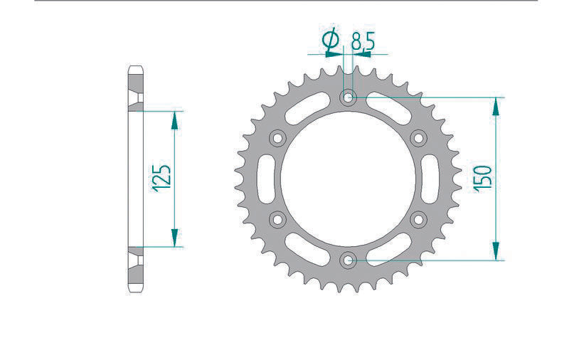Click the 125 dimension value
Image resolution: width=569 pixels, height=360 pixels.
click(161, 179)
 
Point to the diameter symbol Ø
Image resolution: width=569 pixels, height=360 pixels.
click(330, 42)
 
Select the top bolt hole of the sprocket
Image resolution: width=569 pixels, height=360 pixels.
click(349, 98)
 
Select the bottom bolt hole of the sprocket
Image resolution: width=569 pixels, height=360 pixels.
click(349, 260)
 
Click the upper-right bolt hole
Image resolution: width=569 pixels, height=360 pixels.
click(418, 138)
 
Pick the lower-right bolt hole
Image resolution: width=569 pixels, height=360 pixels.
click(418, 218)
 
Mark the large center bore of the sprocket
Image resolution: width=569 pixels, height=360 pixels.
click(349, 179)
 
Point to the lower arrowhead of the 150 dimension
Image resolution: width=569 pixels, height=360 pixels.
click(496, 253)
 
